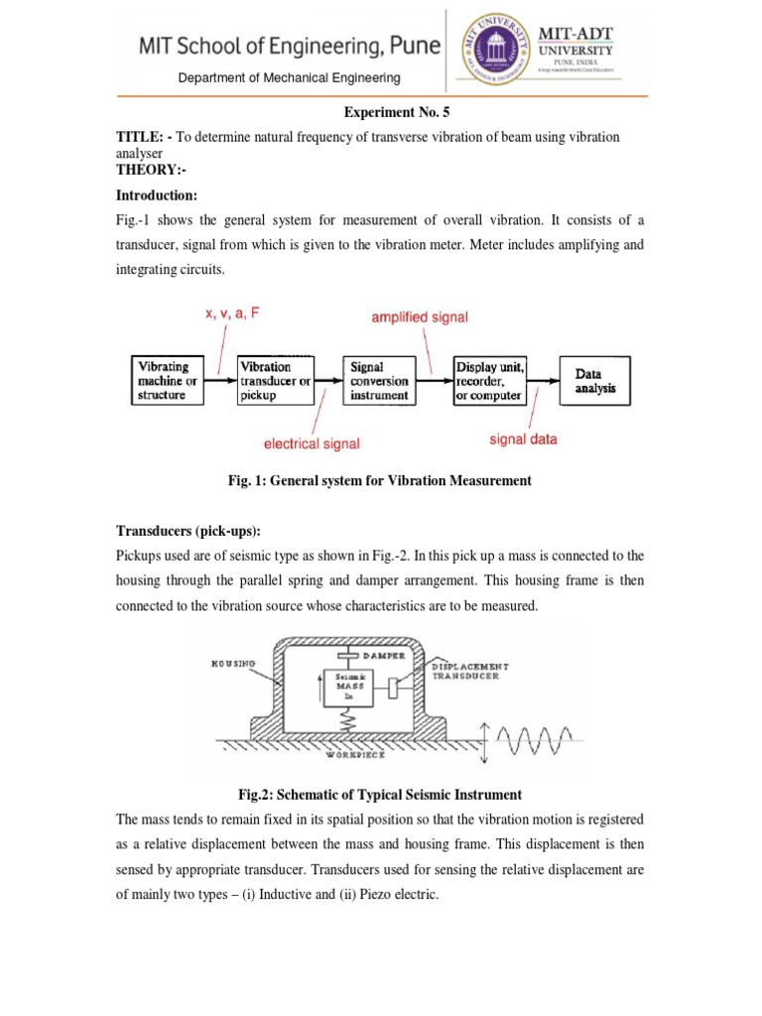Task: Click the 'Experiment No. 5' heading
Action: tap(380, 114)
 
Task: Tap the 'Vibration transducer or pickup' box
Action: tap(276, 380)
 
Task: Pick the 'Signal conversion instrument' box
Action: tap(379, 380)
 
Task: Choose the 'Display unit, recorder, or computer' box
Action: tap(489, 380)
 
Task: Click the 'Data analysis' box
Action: tap(595, 381)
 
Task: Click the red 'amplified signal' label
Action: tap(420, 317)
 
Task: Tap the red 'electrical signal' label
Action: tap(312, 444)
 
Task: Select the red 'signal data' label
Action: tap(524, 439)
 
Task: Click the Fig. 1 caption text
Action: tap(380, 480)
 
